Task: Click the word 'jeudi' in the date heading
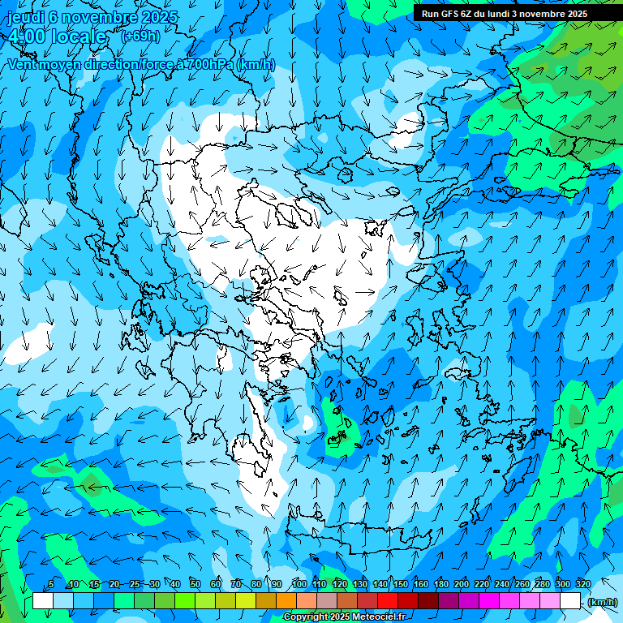pos(24,17)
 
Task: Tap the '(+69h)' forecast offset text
pos(140,36)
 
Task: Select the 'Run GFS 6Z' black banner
pos(505,14)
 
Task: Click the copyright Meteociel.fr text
pos(344,617)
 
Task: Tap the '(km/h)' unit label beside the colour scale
pos(602,602)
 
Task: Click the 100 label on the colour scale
pos(299,584)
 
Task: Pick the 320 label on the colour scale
pos(582,584)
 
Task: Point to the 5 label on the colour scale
pos(51,584)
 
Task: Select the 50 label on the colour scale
pos(195,584)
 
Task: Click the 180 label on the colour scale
pos(440,584)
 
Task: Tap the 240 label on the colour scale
pos(501,584)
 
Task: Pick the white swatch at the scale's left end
pos(43,601)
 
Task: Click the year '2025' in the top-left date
pos(160,17)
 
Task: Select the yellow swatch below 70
pos(225,601)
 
